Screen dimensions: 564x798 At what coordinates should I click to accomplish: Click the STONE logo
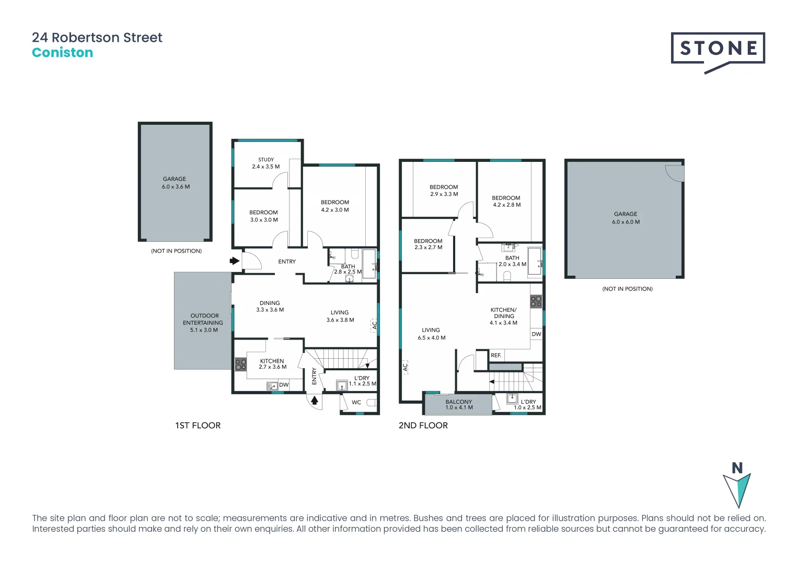coord(718,49)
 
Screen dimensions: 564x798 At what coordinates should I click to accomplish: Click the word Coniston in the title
coord(62,53)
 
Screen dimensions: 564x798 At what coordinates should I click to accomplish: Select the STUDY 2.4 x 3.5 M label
coord(265,163)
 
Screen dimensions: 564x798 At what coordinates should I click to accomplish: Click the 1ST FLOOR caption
coord(198,426)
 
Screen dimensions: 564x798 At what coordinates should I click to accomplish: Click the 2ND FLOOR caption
coord(423,426)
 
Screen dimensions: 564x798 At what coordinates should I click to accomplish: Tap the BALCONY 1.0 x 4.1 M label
coord(459,405)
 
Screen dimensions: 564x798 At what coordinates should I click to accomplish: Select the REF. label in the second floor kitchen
coord(495,356)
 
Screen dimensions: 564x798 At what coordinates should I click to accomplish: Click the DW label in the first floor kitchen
coord(283,385)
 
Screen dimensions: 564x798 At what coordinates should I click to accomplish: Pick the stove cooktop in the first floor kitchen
coord(240,364)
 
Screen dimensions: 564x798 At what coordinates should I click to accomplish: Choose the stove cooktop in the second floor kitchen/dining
coord(536,301)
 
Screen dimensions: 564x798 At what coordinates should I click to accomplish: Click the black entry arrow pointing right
coord(235,260)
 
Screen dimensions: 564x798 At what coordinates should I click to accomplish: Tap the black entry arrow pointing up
coord(315,401)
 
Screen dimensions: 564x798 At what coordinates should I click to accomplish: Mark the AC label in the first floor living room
coord(374,325)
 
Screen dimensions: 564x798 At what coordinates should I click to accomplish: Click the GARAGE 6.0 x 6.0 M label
coord(626,218)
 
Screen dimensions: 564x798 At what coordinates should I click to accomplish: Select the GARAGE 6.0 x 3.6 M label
coord(175,183)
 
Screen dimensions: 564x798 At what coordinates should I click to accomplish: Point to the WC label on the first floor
coord(356,403)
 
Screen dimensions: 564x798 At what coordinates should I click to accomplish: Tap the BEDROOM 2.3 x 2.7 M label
coord(428,244)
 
